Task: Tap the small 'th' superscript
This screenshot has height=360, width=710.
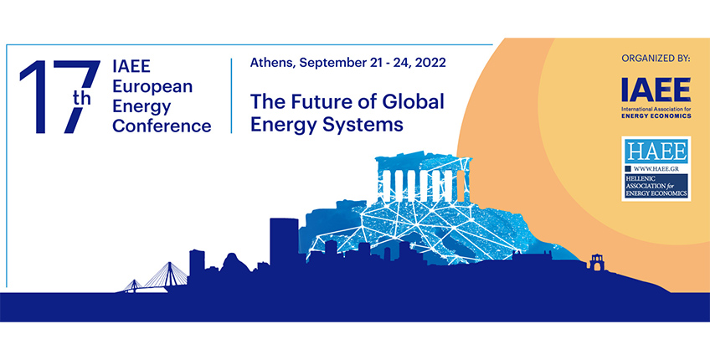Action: pyautogui.click(x=82, y=98)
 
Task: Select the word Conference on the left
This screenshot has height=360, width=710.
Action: pyautogui.click(x=162, y=126)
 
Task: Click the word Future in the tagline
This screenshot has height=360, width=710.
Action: pyautogui.click(x=320, y=101)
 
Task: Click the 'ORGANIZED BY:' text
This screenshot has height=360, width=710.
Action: pyautogui.click(x=656, y=59)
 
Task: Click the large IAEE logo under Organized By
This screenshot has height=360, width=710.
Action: pyautogui.click(x=656, y=90)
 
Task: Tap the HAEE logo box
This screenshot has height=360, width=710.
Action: pyautogui.click(x=656, y=168)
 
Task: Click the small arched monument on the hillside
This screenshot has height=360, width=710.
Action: pyautogui.click(x=597, y=263)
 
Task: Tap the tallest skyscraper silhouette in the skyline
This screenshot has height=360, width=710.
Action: pyautogui.click(x=285, y=242)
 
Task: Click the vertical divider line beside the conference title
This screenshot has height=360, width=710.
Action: pyautogui.click(x=231, y=95)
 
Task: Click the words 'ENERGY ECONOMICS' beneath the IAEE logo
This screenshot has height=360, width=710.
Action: pyautogui.click(x=656, y=116)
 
